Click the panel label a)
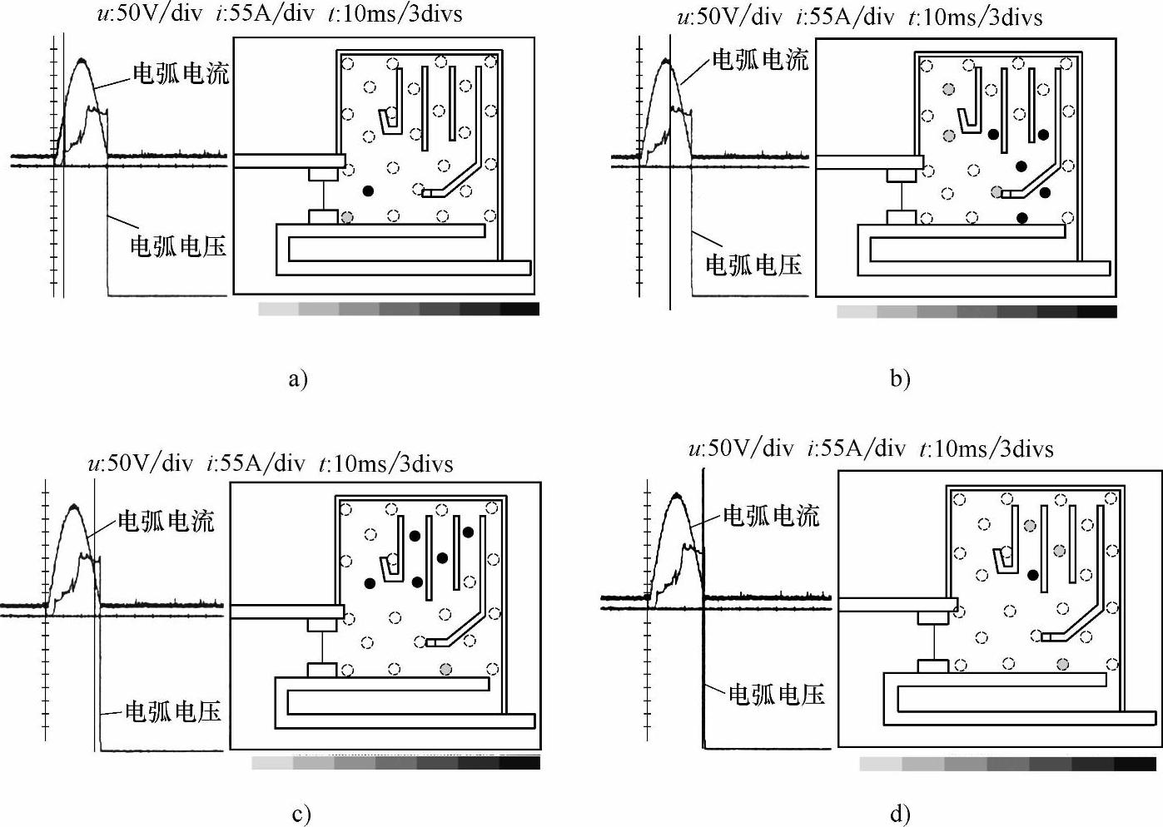tap(297, 379)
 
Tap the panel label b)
tap(900, 379)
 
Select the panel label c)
tap(301, 814)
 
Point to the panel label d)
tap(900, 814)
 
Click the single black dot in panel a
tap(368, 191)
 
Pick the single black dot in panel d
tap(1032, 574)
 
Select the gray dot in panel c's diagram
tap(446, 668)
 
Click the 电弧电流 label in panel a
tap(181, 74)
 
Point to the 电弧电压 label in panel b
tap(753, 265)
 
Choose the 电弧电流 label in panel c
tap(166, 522)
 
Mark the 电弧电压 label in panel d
tap(776, 694)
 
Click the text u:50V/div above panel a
tap(149, 14)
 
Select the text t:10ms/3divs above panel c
tap(385, 463)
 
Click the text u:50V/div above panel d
tap(740, 448)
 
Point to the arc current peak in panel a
tap(82, 60)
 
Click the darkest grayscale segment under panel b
tap(1096, 312)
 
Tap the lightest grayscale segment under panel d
tap(880, 764)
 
